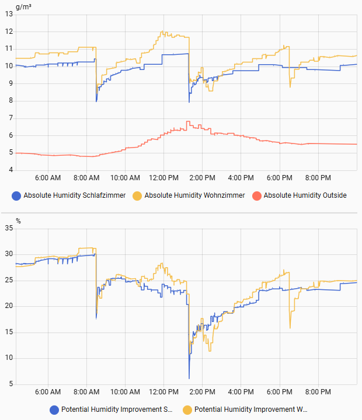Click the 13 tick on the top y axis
[x=9, y=14]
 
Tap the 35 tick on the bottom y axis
[x=9, y=228]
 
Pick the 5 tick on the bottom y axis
[x=11, y=384]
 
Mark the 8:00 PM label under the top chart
[x=318, y=177]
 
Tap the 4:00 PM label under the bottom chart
[x=241, y=392]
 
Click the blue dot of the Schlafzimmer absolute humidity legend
[x=16, y=195]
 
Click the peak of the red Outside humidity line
[x=187, y=121]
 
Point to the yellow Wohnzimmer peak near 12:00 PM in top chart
[x=163, y=32]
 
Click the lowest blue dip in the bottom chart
[x=189, y=378]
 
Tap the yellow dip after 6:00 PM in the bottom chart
[x=290, y=328]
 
